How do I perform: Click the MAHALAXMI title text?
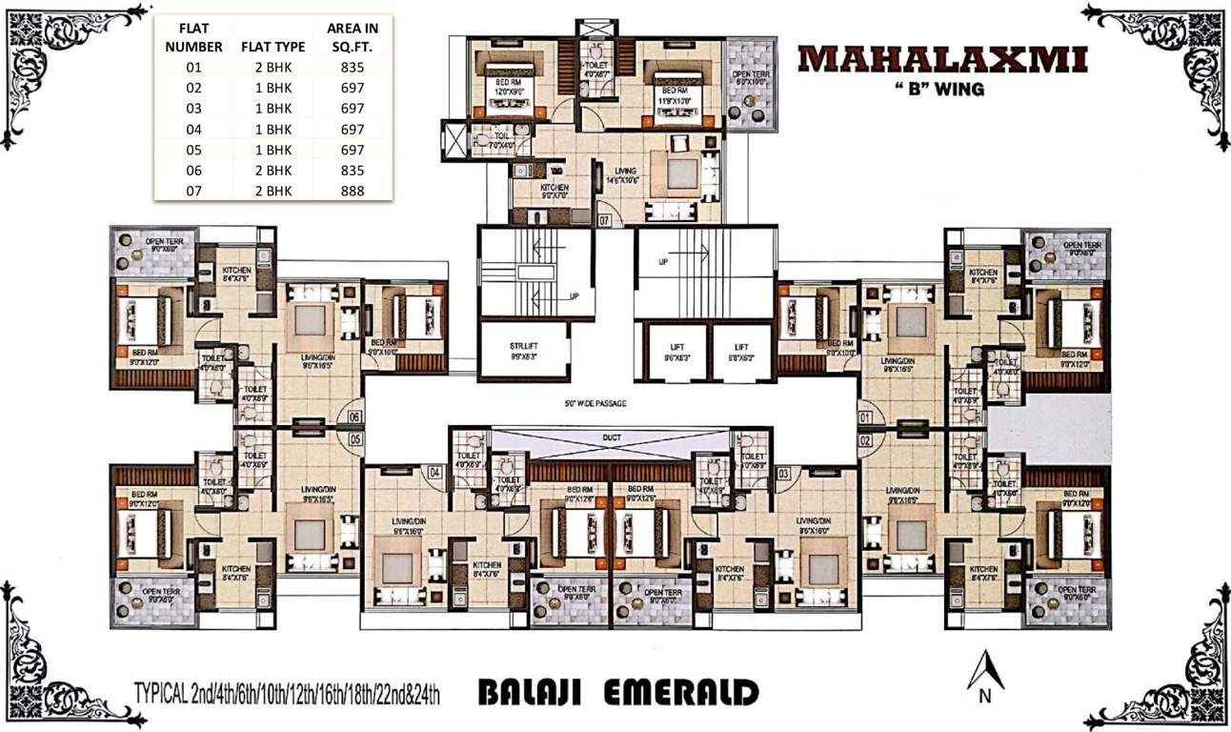point(942,60)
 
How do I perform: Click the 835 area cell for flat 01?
point(352,67)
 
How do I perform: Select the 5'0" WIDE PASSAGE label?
point(595,403)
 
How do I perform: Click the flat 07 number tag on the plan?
point(604,220)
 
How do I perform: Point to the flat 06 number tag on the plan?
point(354,416)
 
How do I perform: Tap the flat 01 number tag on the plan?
point(865,417)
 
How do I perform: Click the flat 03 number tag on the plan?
point(784,472)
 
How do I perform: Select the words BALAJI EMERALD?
point(618,691)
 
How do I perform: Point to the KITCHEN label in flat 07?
point(554,188)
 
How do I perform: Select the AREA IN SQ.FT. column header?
point(352,37)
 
